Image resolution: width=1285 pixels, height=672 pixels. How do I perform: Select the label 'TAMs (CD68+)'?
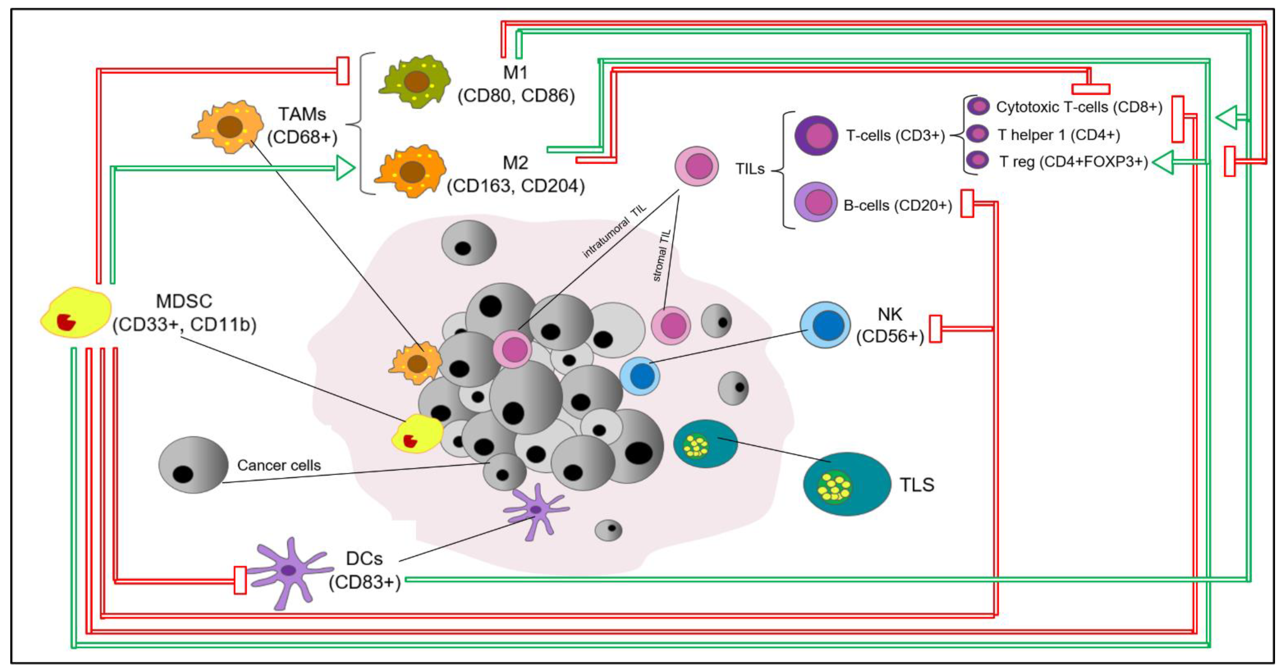pyautogui.click(x=302, y=125)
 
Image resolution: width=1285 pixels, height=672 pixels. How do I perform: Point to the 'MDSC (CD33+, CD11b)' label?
pyautogui.click(x=184, y=313)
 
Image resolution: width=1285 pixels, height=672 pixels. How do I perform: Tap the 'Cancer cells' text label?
pyautogui.click(x=279, y=465)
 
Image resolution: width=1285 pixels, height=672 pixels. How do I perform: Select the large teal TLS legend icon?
pyautogui.click(x=846, y=484)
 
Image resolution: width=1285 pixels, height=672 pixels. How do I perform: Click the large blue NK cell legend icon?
pyautogui.click(x=826, y=325)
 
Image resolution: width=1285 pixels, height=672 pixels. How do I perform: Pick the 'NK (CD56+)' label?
pyautogui.click(x=890, y=325)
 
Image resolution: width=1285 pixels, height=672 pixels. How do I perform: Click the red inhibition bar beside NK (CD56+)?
pyautogui.click(x=935, y=329)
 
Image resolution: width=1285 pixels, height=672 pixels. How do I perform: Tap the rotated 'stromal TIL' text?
pyautogui.click(x=662, y=256)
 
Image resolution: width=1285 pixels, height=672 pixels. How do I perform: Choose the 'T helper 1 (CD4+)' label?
pyautogui.click(x=1058, y=135)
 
